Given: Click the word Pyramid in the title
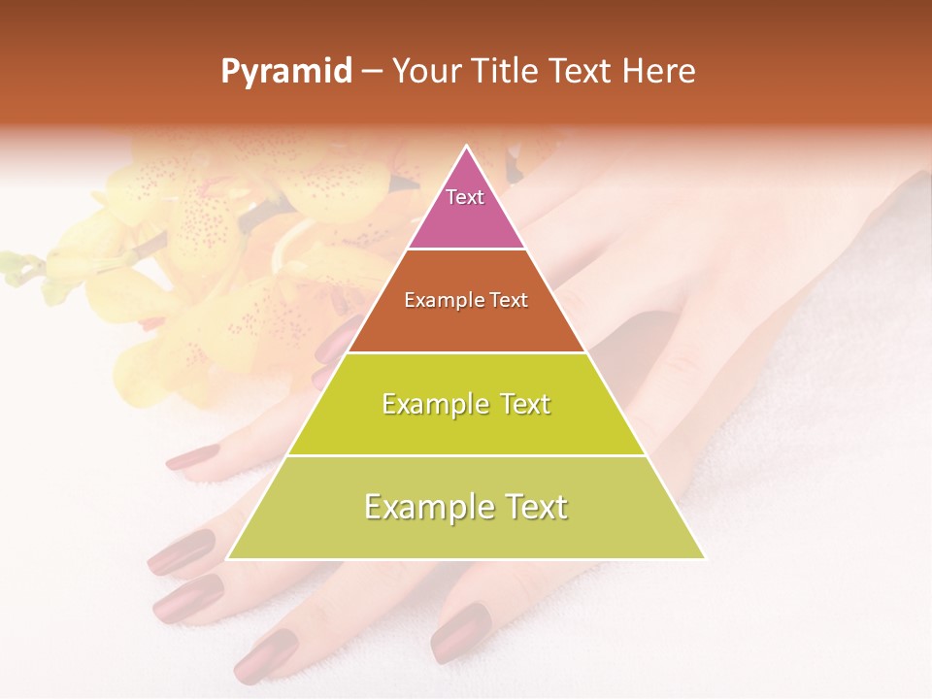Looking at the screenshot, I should point(285,71).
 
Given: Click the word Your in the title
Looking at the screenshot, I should point(423,71).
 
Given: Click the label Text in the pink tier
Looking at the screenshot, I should point(465,197).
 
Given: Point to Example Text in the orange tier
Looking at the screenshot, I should point(466,300).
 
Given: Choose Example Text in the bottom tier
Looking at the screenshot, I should point(466,507).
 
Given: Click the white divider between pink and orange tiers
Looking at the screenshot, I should point(466,250).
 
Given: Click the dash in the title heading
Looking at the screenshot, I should point(372,71).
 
